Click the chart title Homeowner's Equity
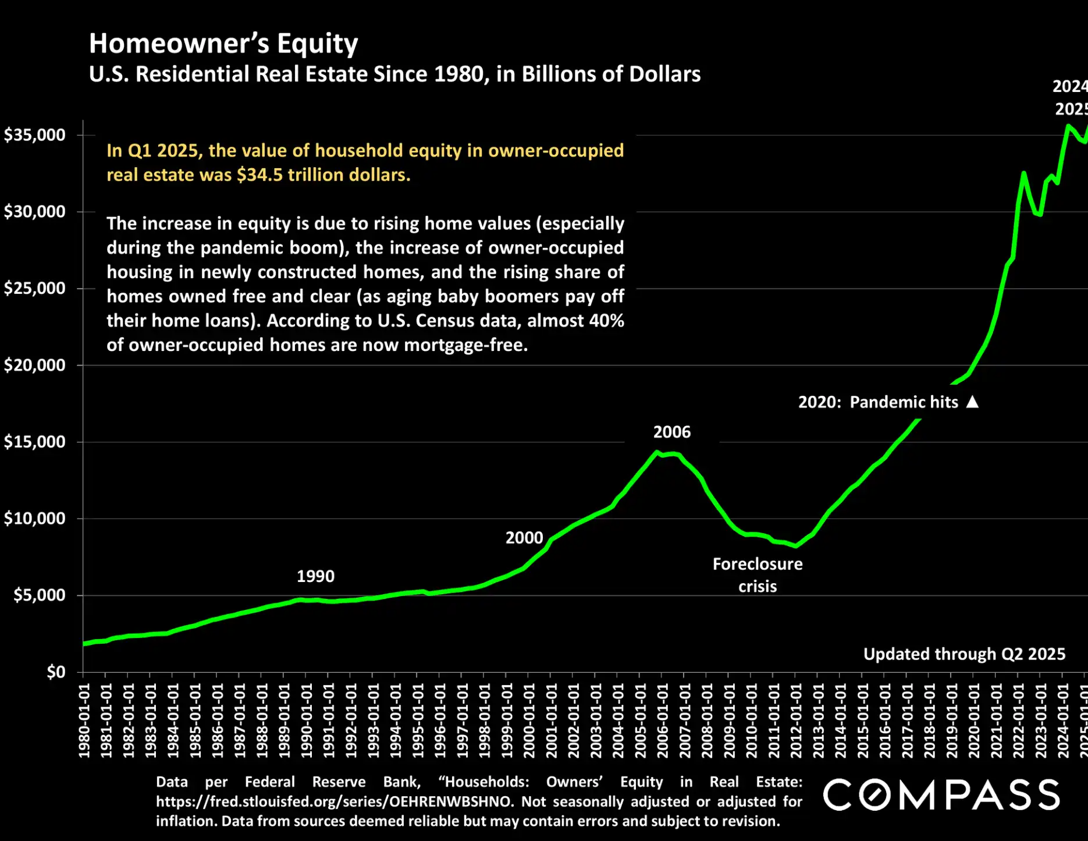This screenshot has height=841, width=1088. (223, 44)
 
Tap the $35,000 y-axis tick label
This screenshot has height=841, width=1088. (35, 135)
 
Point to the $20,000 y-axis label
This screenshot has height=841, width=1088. (35, 366)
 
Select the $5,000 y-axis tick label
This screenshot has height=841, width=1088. (40, 595)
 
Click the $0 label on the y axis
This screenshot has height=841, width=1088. (56, 672)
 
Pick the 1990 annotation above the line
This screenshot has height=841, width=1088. (315, 576)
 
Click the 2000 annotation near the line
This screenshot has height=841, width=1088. (524, 538)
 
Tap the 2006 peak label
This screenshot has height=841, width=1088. (671, 432)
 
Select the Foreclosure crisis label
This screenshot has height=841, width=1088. (757, 575)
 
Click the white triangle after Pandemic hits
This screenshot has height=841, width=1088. (972, 402)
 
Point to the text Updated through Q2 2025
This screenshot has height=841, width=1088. (964, 654)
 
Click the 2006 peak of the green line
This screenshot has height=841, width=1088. (657, 452)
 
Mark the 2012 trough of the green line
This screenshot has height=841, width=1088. (795, 546)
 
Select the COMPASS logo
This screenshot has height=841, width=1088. (941, 795)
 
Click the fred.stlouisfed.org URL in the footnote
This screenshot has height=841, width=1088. (334, 802)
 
